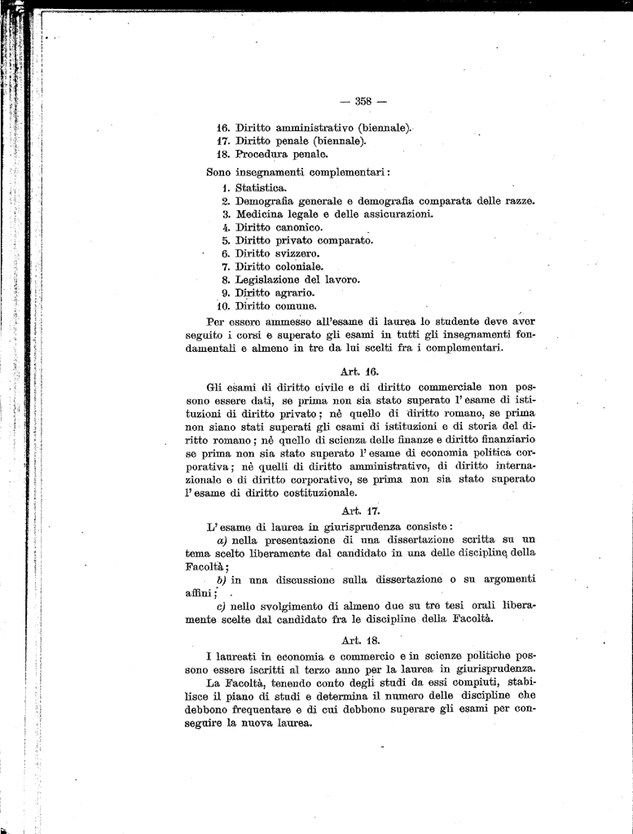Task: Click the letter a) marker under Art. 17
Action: [222, 540]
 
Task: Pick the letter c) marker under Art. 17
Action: [221, 606]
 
